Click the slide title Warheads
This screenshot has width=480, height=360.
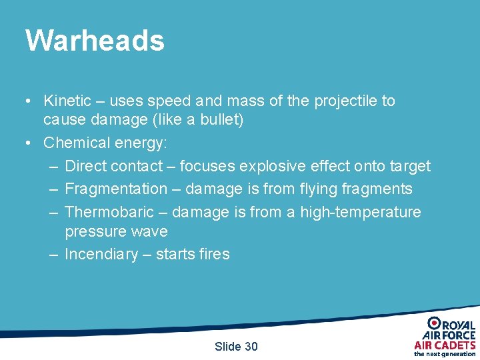(95, 41)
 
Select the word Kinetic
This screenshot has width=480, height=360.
(67, 101)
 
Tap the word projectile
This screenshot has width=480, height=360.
(346, 101)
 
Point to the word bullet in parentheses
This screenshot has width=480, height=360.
(223, 121)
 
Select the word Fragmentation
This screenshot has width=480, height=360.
(116, 189)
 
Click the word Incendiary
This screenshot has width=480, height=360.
(100, 255)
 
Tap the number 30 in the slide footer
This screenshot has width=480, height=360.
(250, 347)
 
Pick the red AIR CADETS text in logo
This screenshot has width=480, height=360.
(445, 345)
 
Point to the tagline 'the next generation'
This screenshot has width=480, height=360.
(445, 354)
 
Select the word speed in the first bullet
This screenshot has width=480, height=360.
(169, 101)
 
